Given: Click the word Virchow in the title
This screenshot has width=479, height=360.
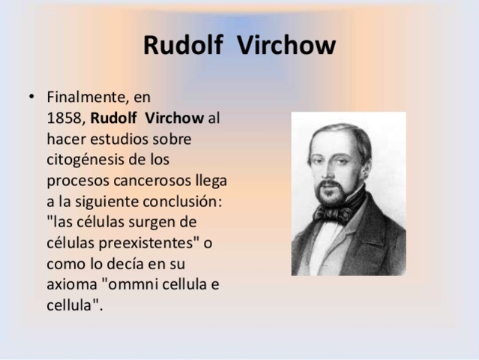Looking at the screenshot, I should pyautogui.click(x=286, y=46).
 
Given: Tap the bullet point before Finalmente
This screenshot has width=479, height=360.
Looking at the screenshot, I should pyautogui.click(x=31, y=97).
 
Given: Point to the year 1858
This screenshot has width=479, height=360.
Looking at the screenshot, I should pyautogui.click(x=65, y=118).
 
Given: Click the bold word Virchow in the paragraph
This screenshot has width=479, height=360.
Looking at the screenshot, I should pyautogui.click(x=178, y=118).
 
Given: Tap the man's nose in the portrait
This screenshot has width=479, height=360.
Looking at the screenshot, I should pyautogui.click(x=331, y=171).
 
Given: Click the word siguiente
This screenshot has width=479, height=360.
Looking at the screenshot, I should pyautogui.click(x=112, y=202).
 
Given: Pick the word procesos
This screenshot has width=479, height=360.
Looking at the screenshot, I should pyautogui.click(x=75, y=181).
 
